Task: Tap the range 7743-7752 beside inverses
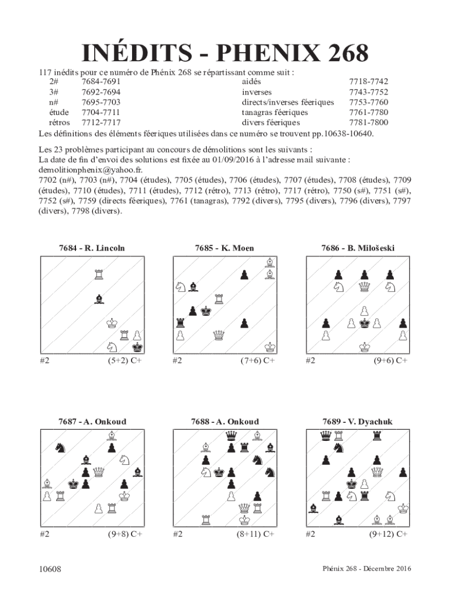pos(368,92)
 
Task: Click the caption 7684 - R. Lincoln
pos(92,248)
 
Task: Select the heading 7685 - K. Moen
pos(224,248)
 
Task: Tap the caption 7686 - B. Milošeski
pos(358,248)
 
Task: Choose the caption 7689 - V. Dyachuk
pos(358,422)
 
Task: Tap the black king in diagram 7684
pos(138,347)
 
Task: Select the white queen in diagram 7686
pos(365,287)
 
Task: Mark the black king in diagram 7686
pos(365,323)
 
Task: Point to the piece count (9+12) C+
pos(388,534)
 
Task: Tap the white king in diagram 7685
pos(269,347)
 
